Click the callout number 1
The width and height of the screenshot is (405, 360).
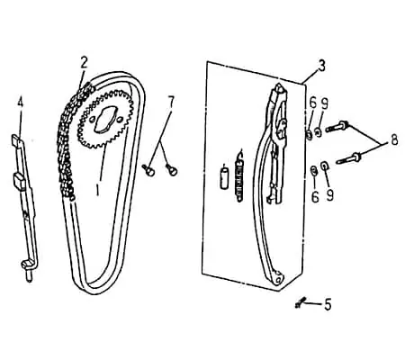97,190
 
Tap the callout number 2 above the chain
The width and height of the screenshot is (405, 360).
84,62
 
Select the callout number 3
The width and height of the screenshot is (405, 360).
321,66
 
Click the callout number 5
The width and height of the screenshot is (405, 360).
328,305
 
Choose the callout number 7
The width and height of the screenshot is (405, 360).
171,102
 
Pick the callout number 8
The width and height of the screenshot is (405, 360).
394,139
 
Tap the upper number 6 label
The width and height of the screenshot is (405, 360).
313,103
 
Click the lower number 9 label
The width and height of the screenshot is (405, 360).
329,195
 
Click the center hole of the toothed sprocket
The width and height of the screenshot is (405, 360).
103,120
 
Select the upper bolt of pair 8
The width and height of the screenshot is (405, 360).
337,126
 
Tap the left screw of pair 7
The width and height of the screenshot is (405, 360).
148,170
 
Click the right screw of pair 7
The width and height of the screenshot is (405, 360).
172,169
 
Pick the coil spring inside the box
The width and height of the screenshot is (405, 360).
239,176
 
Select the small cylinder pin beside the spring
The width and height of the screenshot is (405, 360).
224,178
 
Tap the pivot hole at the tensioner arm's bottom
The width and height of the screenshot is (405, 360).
279,280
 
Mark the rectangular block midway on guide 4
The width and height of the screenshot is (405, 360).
19,180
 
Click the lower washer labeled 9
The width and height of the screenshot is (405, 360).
324,166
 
